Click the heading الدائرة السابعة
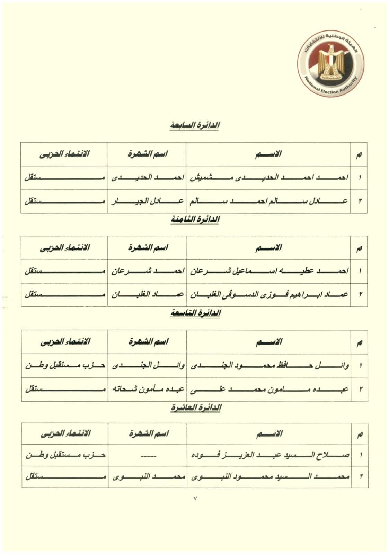point(195,125)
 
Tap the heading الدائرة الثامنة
point(196,219)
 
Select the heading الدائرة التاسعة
point(196,313)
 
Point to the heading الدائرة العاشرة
point(196,408)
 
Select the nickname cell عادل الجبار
point(147,201)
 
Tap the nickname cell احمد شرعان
point(147,271)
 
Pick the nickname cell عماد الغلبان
point(147,294)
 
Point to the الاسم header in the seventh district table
point(268,154)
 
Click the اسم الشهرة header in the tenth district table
point(148,433)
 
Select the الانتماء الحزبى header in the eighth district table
point(64,248)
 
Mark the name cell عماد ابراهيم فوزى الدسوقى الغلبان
point(269,294)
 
